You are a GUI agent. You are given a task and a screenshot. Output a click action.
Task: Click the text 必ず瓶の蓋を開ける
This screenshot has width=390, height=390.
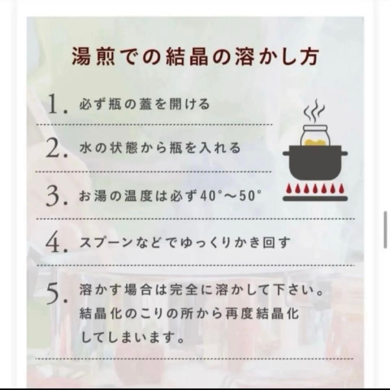[144, 104]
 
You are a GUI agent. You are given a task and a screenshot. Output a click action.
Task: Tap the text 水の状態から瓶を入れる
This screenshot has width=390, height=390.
[159, 148]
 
